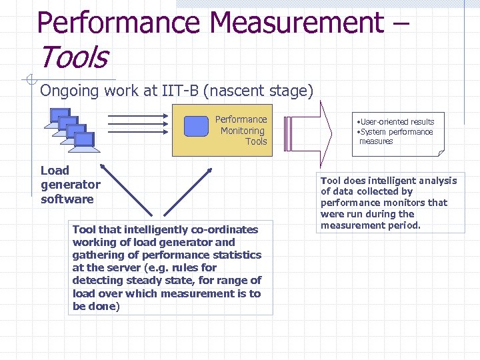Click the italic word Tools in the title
pyautogui.click(x=73, y=57)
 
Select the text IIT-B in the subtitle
pyautogui.click(x=180, y=91)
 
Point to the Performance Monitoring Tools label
pyautogui.click(x=241, y=131)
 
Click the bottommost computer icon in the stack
pyautogui.click(x=84, y=140)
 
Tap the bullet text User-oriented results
pyautogui.click(x=396, y=122)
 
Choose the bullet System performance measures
pyautogui.click(x=396, y=136)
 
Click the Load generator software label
pyautogui.click(x=70, y=185)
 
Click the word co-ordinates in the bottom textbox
pyautogui.click(x=225, y=229)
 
